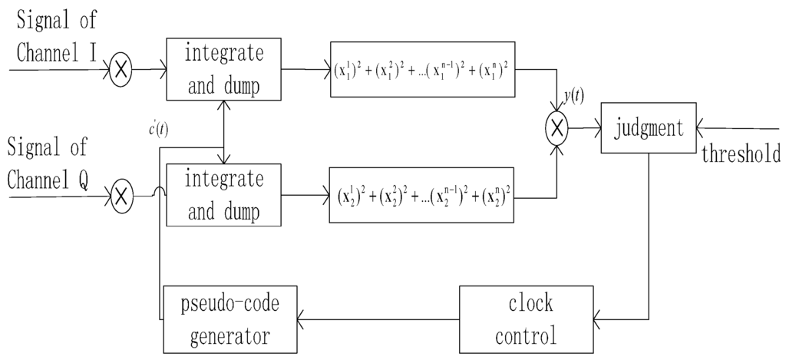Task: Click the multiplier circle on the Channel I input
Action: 120,71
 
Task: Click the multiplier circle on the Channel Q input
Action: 120,197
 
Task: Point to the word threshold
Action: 741,154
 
